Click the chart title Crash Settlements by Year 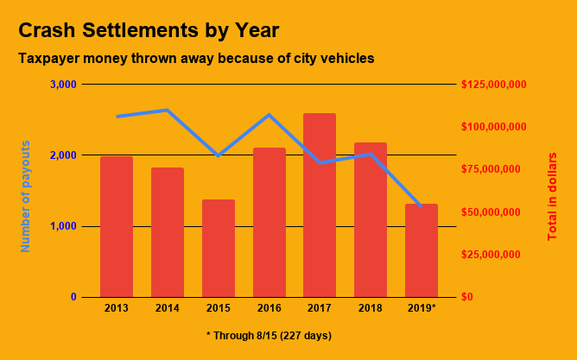pyautogui.click(x=149, y=30)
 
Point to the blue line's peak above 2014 pyautogui.click(x=167, y=111)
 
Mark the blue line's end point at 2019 pyautogui.click(x=421, y=205)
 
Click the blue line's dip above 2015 pyautogui.click(x=219, y=155)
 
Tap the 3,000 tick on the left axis pyautogui.click(x=63, y=85)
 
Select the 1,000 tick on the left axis pyautogui.click(x=63, y=226)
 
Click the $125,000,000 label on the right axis pyautogui.click(x=494, y=85)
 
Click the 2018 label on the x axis pyautogui.click(x=371, y=308)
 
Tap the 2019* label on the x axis pyautogui.click(x=422, y=308)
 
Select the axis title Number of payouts pyautogui.click(x=25, y=196)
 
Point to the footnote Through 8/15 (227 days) pyautogui.click(x=269, y=335)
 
